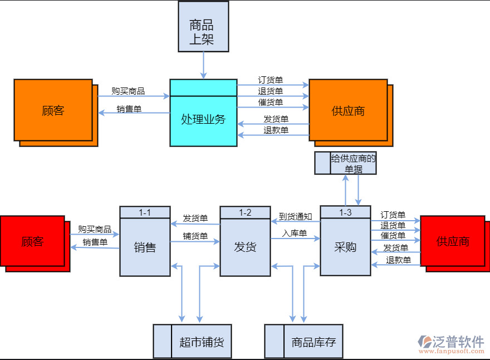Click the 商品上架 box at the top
coord(203,26)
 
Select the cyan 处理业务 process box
coord(203,119)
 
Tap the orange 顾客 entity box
coord(53,110)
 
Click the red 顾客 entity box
coord(32,241)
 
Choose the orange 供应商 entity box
coord(348,110)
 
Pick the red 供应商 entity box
coord(452,241)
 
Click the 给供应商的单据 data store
coord(345,163)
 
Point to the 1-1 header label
coord(145,212)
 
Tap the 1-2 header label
coord(245,212)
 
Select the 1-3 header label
coord(345,212)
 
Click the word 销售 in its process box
coord(145,247)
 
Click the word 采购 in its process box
coord(345,247)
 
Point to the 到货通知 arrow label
coord(295,216)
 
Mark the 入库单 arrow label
coord(295,233)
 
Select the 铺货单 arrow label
coord(195,236)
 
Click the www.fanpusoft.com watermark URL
coord(452,352)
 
